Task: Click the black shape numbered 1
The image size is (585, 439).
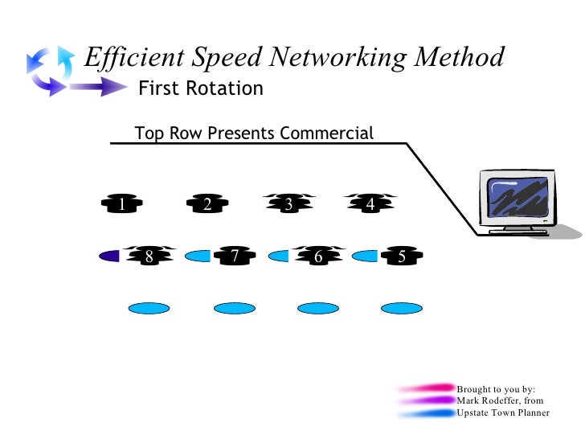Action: coord(122,204)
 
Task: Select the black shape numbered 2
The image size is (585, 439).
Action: coord(208,204)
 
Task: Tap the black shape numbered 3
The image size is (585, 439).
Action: coord(288,204)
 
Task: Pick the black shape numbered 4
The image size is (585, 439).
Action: coord(370,204)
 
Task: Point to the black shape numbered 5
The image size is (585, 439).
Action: coord(401,257)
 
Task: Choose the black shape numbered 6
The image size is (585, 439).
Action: coord(318,257)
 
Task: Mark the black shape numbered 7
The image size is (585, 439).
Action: coord(235,256)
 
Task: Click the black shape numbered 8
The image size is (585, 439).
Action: coord(149,257)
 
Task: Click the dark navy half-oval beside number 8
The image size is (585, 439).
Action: coord(110,256)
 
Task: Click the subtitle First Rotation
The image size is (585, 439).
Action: coord(201,89)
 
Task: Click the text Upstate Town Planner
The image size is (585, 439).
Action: coord(502,412)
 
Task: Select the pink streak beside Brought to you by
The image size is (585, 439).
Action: coord(426,388)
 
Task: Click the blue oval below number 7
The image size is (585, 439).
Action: coord(235,307)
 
